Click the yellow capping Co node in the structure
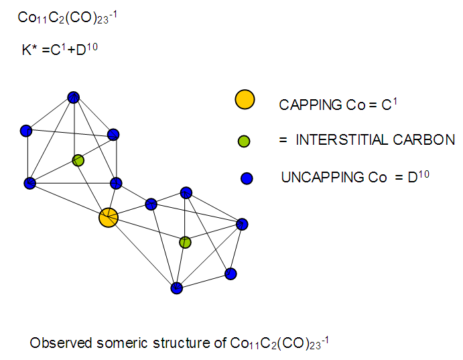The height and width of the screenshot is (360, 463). click(x=109, y=217)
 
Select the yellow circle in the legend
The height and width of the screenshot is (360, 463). click(x=245, y=99)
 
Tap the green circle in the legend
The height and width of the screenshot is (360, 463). click(x=245, y=141)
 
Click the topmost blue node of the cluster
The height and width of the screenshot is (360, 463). click(x=74, y=97)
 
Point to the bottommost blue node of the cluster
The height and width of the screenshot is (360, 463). click(x=176, y=288)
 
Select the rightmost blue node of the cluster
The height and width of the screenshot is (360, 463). click(x=243, y=224)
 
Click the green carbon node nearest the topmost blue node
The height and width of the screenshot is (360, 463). click(x=78, y=160)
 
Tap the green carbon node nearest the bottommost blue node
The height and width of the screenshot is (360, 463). click(x=185, y=242)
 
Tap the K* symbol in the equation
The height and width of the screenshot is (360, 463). click(x=29, y=49)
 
